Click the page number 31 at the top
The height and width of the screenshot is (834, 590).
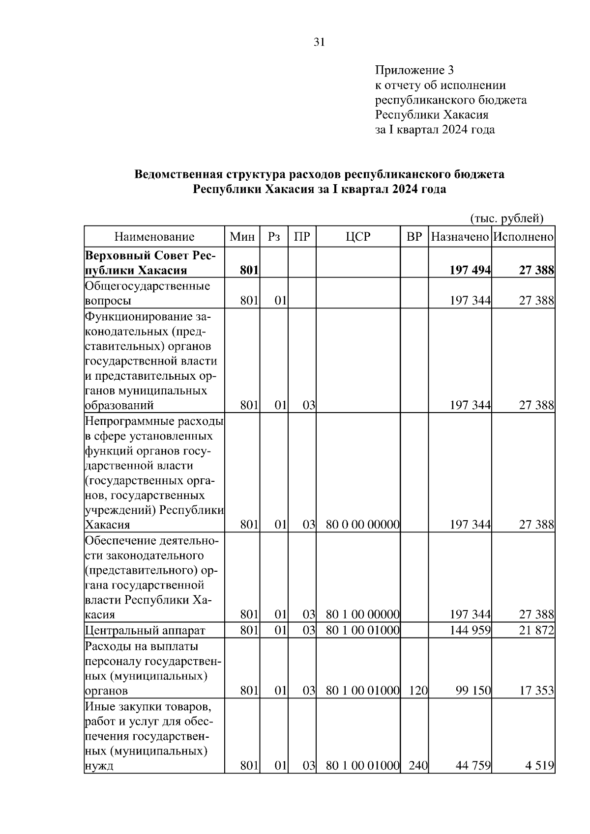pyautogui.click(x=319, y=42)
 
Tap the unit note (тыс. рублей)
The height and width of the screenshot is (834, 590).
pyautogui.click(x=507, y=218)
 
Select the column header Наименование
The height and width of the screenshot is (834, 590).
pyautogui.click(x=154, y=237)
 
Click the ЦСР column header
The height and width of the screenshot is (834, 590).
pyautogui.click(x=358, y=237)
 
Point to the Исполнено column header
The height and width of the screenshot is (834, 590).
pyautogui.click(x=524, y=237)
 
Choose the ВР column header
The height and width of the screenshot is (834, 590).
pyautogui.click(x=414, y=237)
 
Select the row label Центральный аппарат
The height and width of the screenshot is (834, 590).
pyautogui.click(x=145, y=630)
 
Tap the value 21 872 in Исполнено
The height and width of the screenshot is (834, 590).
pyautogui.click(x=536, y=630)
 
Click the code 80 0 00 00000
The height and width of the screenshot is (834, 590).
pyautogui.click(x=362, y=525)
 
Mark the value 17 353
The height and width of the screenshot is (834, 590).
pyautogui.click(x=536, y=691)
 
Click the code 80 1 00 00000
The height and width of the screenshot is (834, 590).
pyautogui.click(x=362, y=614)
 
